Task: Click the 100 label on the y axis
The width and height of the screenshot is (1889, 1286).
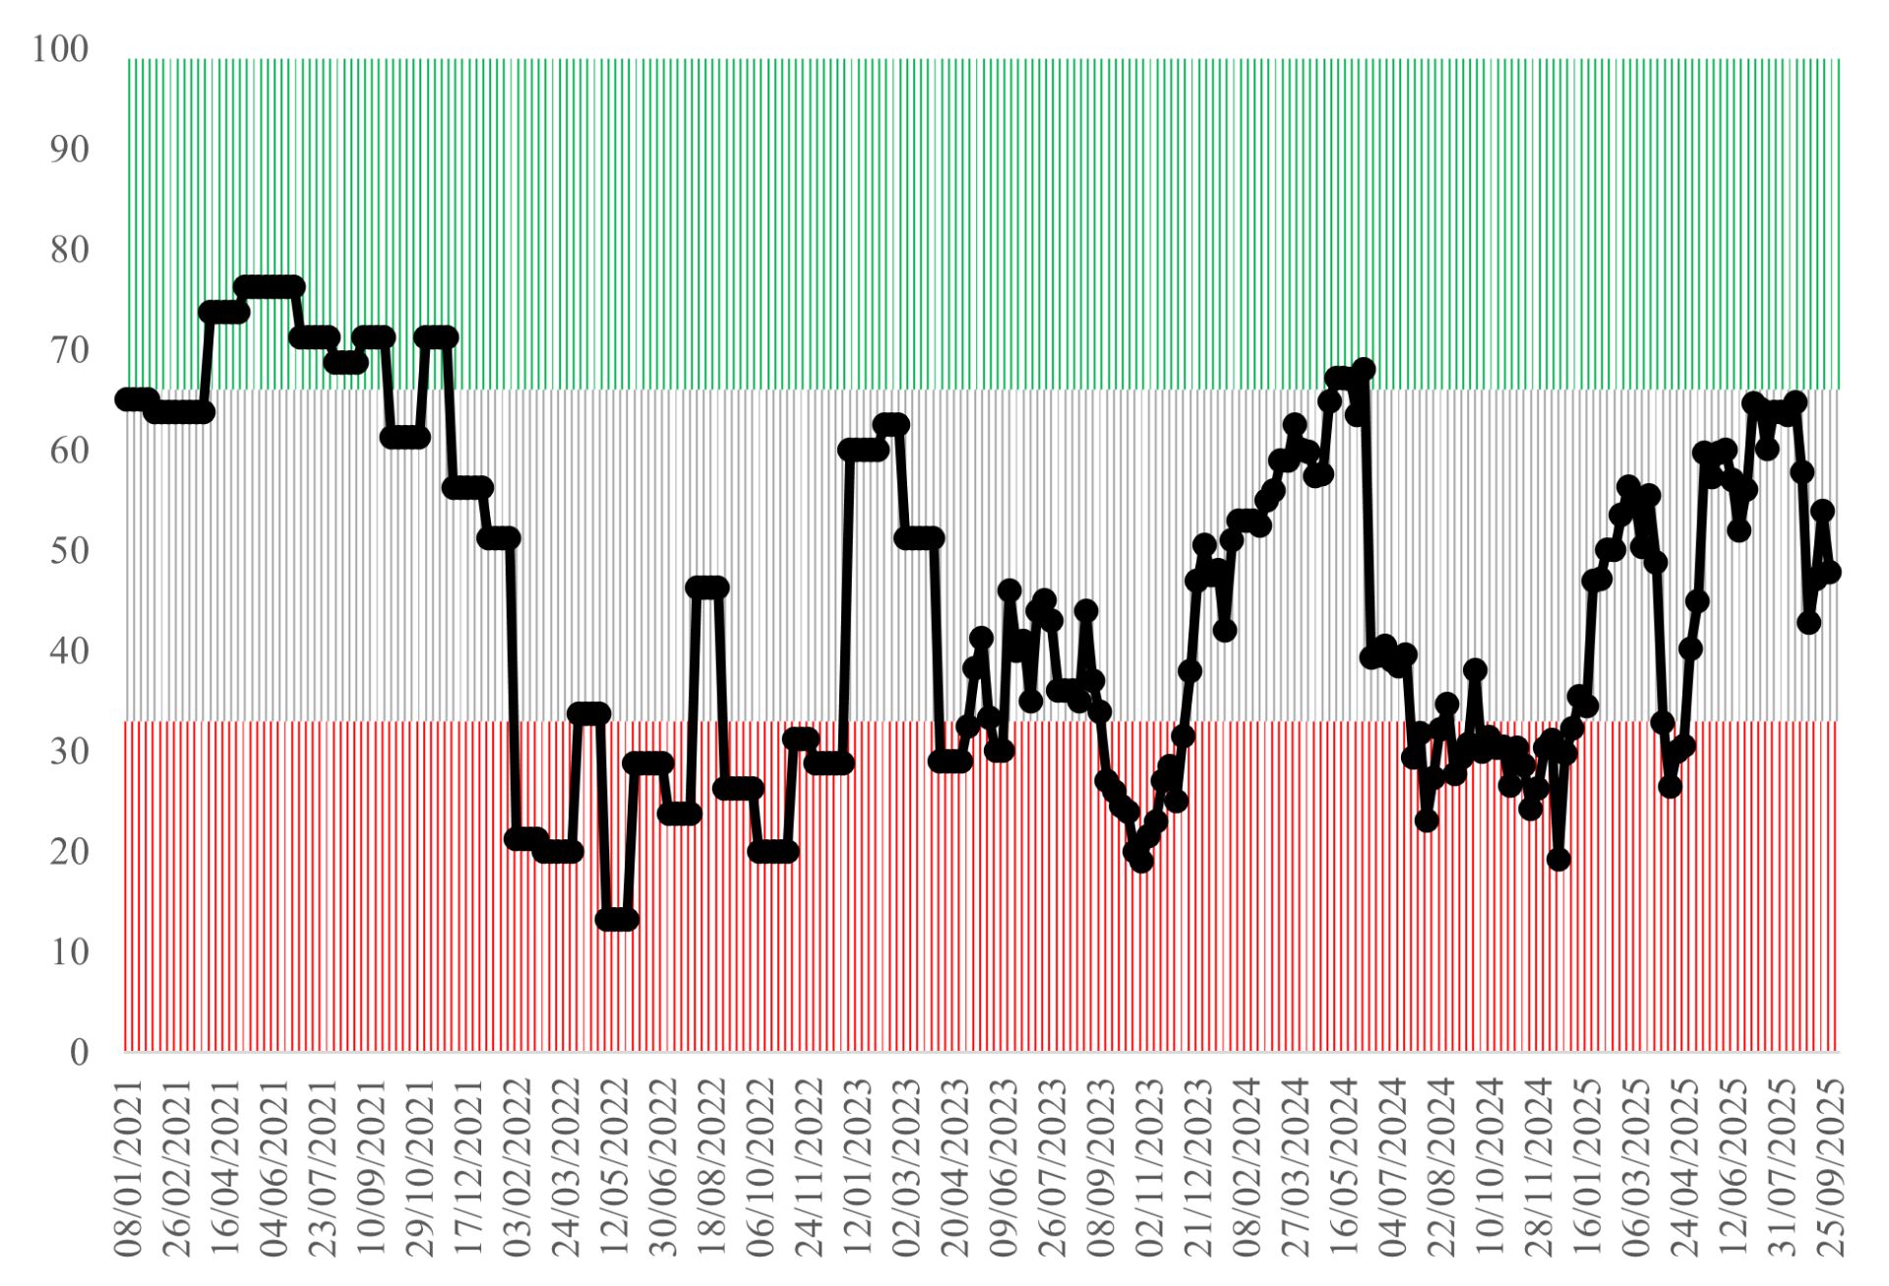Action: click(x=60, y=49)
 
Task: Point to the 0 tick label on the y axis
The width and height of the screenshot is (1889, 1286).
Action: click(x=79, y=1052)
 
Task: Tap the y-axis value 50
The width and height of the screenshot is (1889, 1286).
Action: click(x=69, y=550)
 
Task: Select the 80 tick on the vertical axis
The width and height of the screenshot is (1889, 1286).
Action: click(x=69, y=250)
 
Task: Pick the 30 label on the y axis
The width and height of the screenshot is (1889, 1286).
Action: click(x=69, y=752)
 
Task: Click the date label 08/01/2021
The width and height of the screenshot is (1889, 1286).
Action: click(x=129, y=1168)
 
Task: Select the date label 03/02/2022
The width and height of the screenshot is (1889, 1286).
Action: click(x=518, y=1168)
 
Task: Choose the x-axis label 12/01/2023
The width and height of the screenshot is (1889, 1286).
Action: click(x=858, y=1168)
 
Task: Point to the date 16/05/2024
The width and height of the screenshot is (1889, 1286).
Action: click(x=1343, y=1168)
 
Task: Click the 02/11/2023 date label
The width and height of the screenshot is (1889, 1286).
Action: click(x=1149, y=1168)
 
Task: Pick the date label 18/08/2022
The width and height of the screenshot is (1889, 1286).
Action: click(x=711, y=1168)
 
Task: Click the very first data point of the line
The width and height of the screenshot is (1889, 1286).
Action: click(x=127, y=398)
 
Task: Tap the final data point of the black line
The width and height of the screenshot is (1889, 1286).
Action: click(x=1829, y=572)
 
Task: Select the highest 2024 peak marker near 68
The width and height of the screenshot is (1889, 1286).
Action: click(x=1364, y=370)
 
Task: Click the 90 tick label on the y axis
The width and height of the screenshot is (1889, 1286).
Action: click(x=69, y=150)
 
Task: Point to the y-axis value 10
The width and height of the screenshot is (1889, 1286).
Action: click(x=69, y=951)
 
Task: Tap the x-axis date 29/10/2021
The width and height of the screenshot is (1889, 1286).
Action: click(x=420, y=1168)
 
